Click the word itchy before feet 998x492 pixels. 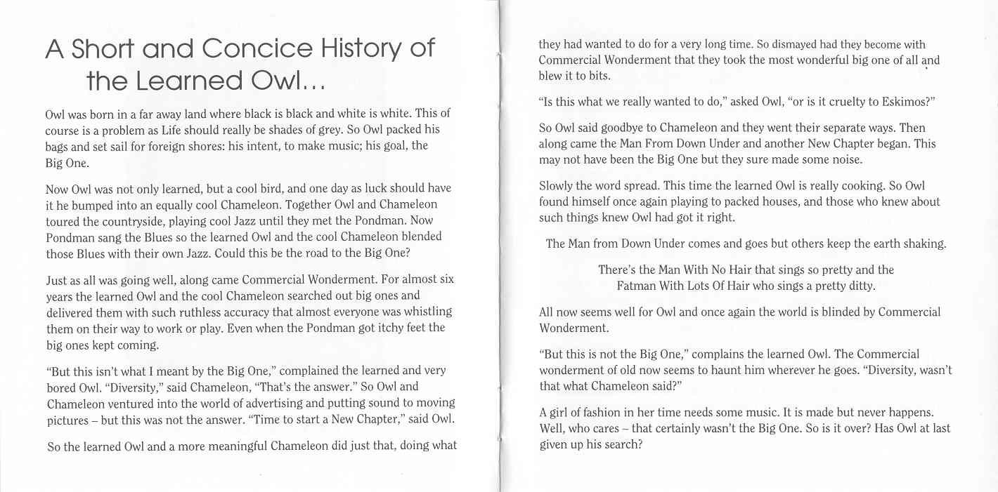pos(394,328)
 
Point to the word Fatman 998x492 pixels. pos(636,286)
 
